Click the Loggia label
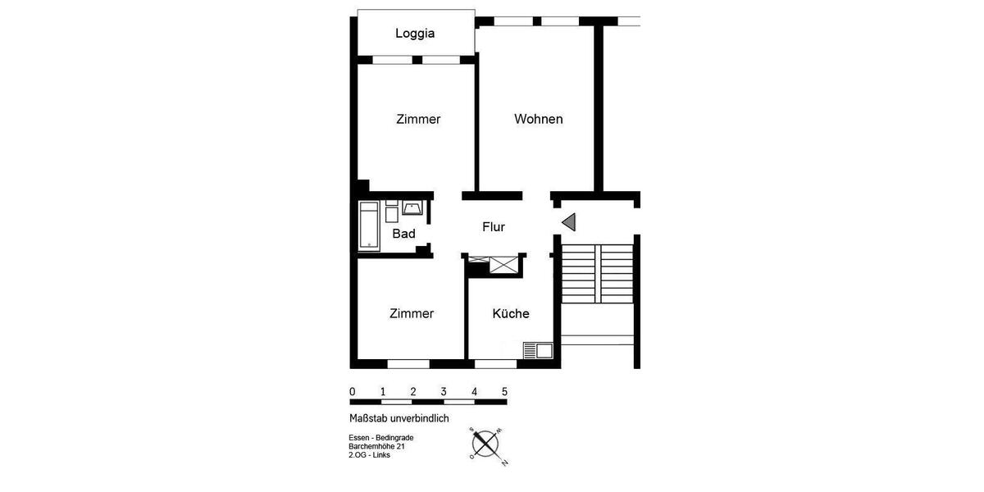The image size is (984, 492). coord(414,34)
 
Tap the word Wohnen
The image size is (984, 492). coord(538,119)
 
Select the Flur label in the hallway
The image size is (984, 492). coord(493,227)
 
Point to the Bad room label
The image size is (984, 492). coord(403,234)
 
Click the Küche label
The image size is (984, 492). coord(510,313)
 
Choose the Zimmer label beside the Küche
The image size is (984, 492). coord(412,313)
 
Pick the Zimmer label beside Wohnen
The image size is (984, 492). coord(418,119)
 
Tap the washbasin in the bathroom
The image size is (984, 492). coord(412,207)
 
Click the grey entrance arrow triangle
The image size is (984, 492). coord(569,221)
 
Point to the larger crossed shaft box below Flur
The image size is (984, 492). coord(503,264)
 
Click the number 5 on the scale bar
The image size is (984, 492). coord(504,391)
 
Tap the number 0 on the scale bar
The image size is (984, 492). coord(353,391)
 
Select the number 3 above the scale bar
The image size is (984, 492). coord(444,391)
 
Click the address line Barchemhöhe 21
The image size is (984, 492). coord(376,446)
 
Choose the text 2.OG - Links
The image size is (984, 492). coord(369,455)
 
